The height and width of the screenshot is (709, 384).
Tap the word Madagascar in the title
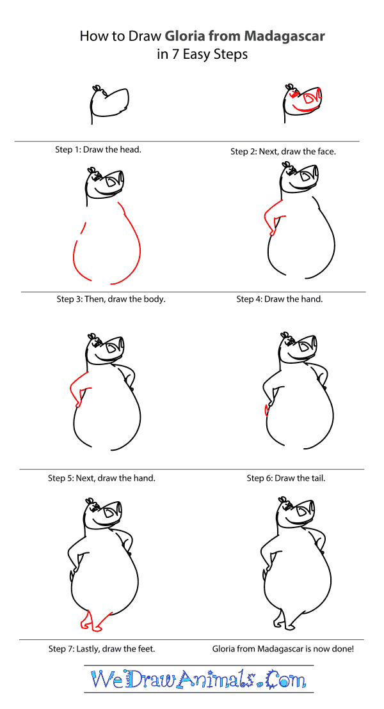pyautogui.click(x=284, y=36)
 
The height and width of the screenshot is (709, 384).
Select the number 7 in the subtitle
pyautogui.click(x=173, y=54)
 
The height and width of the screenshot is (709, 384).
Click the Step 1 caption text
pyautogui.click(x=99, y=150)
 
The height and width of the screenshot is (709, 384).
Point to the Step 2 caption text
pyautogui.click(x=283, y=152)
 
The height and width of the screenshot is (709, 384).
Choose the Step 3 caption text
pyautogui.click(x=111, y=299)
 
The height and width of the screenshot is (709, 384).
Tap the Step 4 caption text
pyautogui.click(x=280, y=299)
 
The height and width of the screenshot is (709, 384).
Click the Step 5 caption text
pyautogui.click(x=101, y=478)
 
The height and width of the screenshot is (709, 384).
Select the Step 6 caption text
pyautogui.click(x=285, y=478)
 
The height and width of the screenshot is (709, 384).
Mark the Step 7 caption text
pyautogui.click(x=101, y=649)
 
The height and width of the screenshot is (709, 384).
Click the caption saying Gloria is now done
pyautogui.click(x=283, y=649)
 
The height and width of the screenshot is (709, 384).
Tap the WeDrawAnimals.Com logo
pyautogui.click(x=198, y=679)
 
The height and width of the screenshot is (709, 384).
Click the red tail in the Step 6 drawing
pyautogui.click(x=266, y=410)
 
